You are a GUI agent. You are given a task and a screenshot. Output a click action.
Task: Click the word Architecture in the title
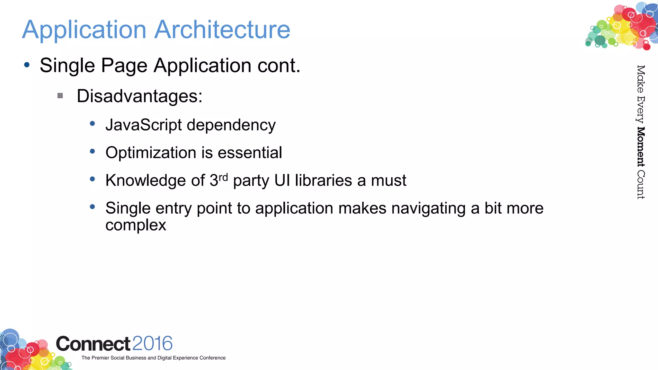[x=222, y=30]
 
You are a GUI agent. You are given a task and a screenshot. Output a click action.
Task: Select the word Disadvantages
[x=139, y=96]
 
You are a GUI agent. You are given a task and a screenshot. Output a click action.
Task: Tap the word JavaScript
[x=143, y=125]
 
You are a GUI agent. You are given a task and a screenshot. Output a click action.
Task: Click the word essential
[x=250, y=153]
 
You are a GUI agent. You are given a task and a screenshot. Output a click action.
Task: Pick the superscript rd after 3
[x=223, y=177]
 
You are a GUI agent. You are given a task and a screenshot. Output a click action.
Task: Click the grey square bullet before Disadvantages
[x=60, y=96]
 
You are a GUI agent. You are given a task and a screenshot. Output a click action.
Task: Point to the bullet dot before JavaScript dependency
[x=93, y=123]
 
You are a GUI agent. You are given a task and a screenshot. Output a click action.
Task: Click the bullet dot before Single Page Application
[x=27, y=65]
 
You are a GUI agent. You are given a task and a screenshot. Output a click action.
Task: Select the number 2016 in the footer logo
[x=152, y=344]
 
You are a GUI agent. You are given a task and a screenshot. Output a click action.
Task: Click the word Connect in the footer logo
[x=93, y=344]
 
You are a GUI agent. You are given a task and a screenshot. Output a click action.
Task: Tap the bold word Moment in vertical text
[x=641, y=147]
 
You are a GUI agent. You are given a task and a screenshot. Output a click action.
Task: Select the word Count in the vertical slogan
[x=641, y=185]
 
